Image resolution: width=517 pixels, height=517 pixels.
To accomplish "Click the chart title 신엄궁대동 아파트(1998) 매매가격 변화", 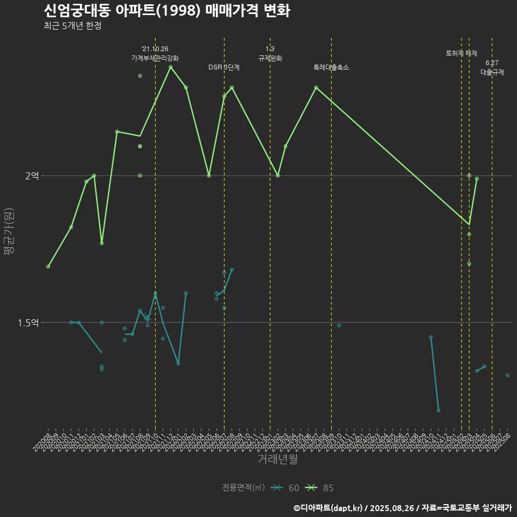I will click(167, 11).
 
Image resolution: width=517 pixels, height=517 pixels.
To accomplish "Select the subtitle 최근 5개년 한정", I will click(73, 26).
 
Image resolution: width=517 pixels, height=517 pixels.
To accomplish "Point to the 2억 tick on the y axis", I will click(32, 176).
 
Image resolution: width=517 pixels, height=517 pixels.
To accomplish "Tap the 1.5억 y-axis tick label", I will click(28, 323).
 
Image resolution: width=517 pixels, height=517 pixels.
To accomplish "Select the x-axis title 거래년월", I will click(277, 459).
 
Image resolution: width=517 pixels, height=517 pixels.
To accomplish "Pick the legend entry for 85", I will click(320, 488).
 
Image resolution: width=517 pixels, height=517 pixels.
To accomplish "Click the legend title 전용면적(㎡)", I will click(243, 488).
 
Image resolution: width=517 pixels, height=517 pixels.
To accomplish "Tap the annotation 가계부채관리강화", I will click(155, 58).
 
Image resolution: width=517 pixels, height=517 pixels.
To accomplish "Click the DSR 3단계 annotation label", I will click(224, 67).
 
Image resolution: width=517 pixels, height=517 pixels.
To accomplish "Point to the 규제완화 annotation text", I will click(270, 58).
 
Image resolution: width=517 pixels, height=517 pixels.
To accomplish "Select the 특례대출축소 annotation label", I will click(331, 67).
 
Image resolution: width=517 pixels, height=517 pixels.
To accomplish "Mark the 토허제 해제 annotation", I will click(462, 53).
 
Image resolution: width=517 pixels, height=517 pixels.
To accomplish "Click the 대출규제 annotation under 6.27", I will click(492, 72).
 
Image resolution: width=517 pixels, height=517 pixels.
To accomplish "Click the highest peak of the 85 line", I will click(170, 67).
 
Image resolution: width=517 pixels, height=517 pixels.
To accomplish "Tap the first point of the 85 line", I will click(48, 267).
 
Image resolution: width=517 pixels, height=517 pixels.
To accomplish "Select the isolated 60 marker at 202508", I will click(507, 375).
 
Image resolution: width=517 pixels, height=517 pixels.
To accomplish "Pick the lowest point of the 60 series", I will click(438, 410).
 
